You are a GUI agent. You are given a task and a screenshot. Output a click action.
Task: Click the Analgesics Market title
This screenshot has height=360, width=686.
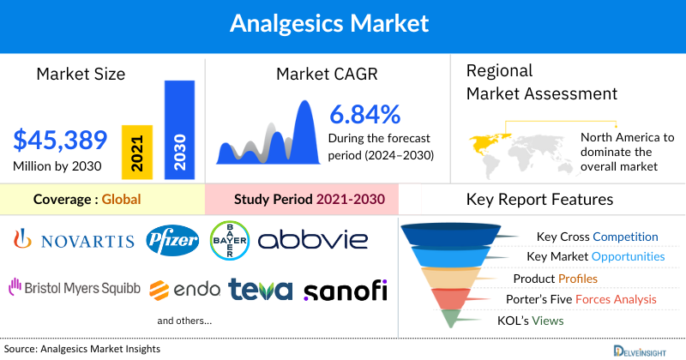pyautogui.click(x=343, y=23)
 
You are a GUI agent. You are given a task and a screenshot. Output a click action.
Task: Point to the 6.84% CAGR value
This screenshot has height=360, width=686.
pyautogui.click(x=364, y=114)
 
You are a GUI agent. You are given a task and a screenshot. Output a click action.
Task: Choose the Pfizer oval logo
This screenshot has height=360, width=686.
pyautogui.click(x=172, y=239)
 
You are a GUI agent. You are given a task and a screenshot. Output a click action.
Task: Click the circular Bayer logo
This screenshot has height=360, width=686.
pyautogui.click(x=229, y=239)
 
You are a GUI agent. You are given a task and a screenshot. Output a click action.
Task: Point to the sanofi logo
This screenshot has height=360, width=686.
pyautogui.click(x=345, y=289)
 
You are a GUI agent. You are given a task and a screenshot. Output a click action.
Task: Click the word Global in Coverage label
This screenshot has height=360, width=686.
pyautogui.click(x=121, y=200)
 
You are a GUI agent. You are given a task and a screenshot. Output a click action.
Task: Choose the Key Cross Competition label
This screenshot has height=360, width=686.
pyautogui.click(x=597, y=237)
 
